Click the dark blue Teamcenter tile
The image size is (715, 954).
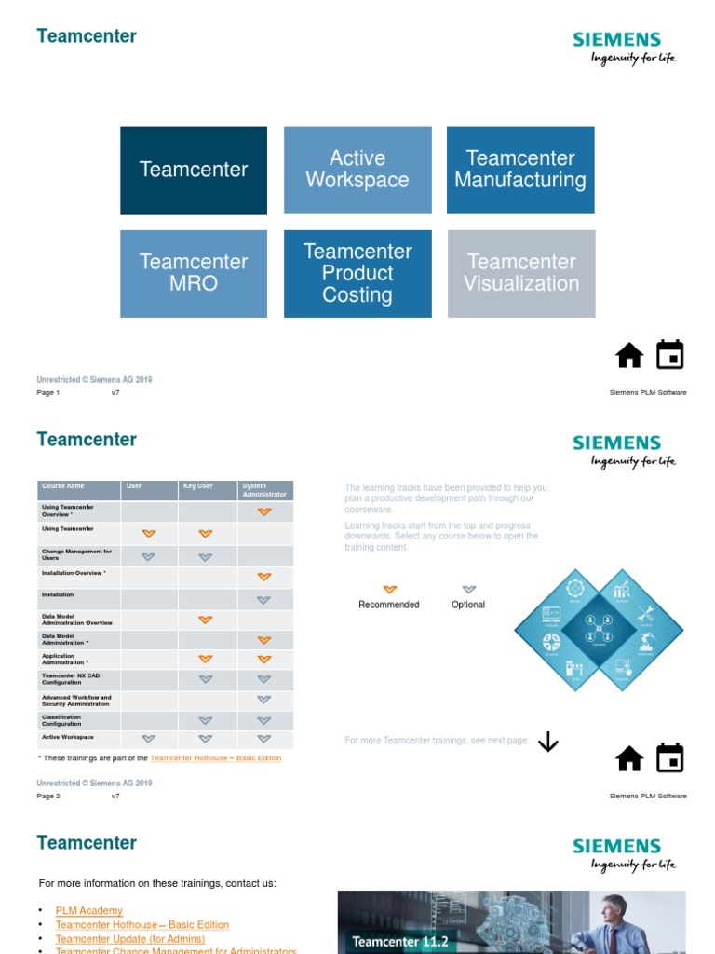tap(194, 170)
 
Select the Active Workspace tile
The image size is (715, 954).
tap(357, 170)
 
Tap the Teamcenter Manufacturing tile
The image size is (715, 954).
tap(520, 170)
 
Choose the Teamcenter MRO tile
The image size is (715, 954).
tap(194, 273)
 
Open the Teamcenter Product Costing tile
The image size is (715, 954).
tap(357, 273)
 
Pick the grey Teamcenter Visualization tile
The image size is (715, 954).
tap(521, 273)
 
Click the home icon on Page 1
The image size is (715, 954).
tap(629, 356)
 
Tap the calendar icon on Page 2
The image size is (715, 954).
tap(669, 758)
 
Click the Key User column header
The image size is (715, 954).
tap(197, 486)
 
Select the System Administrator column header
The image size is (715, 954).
tap(264, 490)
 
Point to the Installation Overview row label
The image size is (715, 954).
tap(74, 574)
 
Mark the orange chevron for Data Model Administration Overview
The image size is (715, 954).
tap(206, 620)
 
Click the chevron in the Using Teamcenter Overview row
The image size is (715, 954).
tap(264, 511)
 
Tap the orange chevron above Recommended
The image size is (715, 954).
tap(389, 590)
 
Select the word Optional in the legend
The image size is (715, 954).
tap(468, 605)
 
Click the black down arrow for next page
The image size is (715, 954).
tap(548, 742)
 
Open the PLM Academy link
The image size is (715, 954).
tap(88, 911)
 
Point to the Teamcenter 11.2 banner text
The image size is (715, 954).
tap(400, 942)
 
